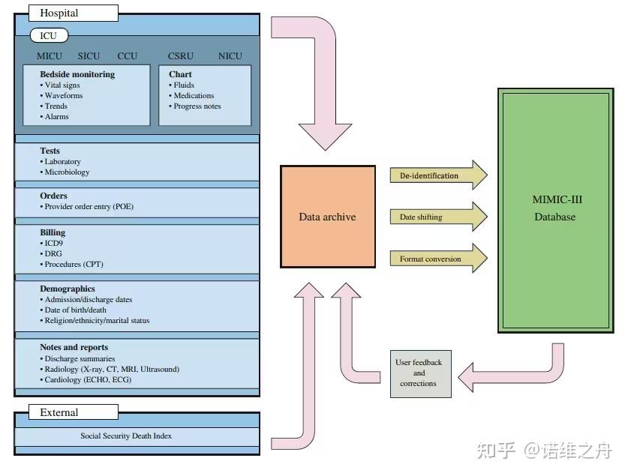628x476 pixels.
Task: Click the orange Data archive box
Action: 327,217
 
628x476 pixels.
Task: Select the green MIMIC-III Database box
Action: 557,209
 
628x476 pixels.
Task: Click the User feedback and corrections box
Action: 419,373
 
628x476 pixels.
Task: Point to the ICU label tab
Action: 49,35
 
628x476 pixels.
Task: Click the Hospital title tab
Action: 73,13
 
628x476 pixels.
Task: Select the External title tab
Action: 73,412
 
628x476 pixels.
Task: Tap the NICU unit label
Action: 230,56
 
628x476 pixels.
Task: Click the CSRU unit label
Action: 181,56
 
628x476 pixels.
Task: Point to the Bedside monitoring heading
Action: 77,74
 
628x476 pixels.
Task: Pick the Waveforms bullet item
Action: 64,96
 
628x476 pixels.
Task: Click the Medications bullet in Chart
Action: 194,96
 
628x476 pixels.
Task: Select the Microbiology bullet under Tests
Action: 67,172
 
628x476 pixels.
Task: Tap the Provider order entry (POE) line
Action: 89,207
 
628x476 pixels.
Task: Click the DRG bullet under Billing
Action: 53,253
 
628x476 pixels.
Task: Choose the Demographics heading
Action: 68,289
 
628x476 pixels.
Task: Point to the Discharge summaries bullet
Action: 80,358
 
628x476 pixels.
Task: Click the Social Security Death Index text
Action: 137,436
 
